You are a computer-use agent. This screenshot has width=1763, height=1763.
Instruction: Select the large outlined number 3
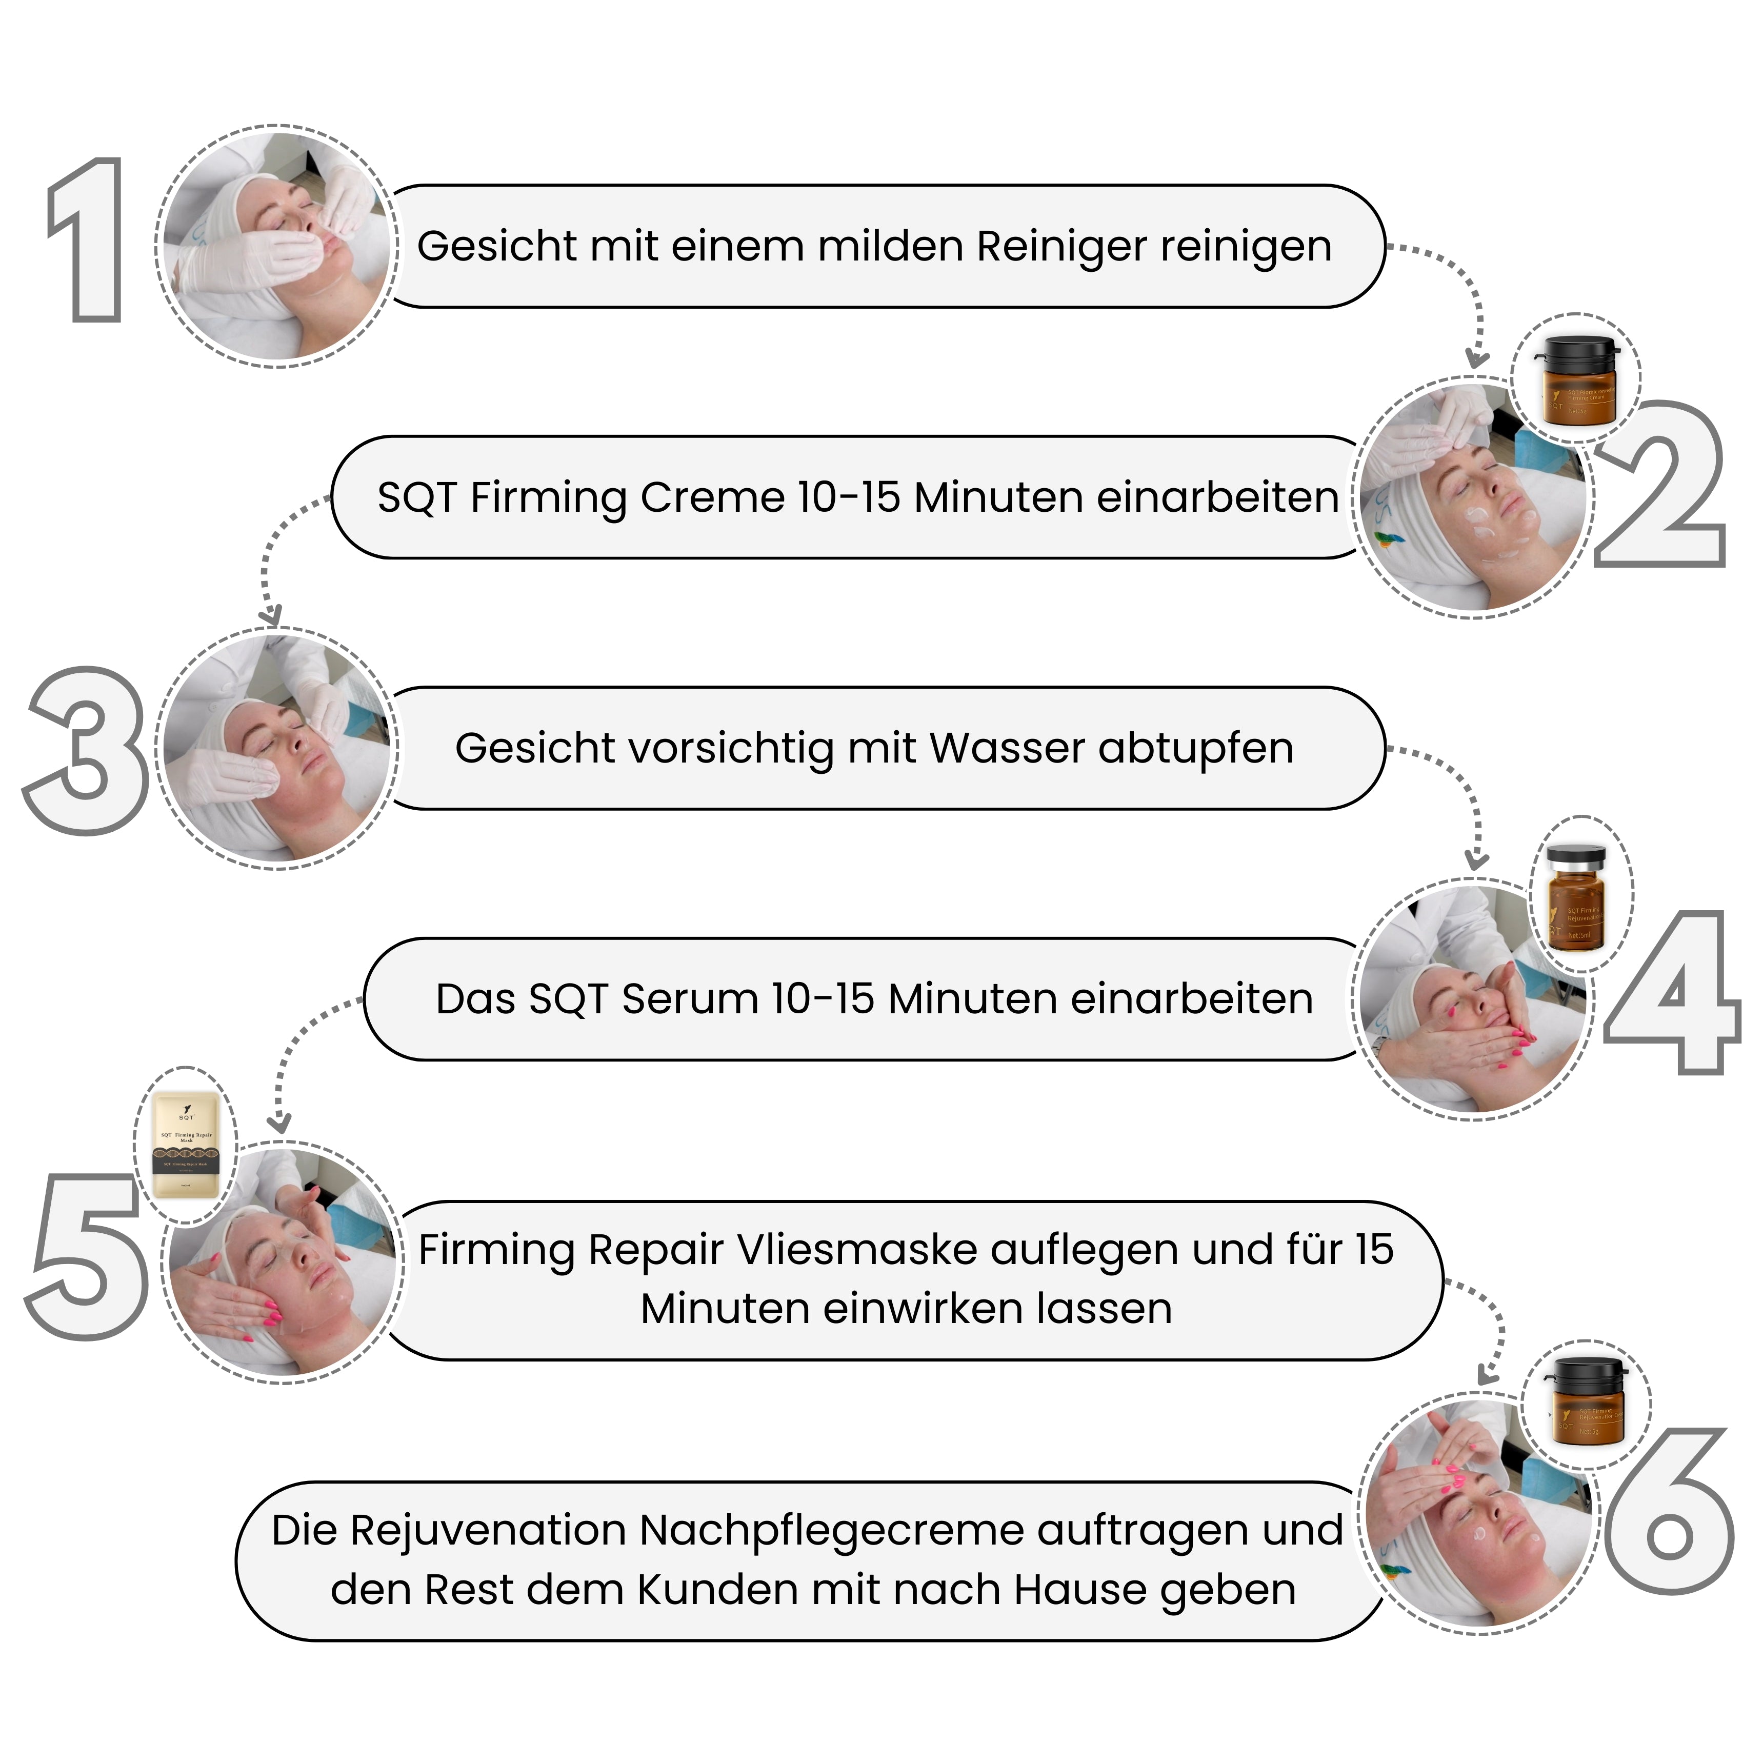tap(87, 750)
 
